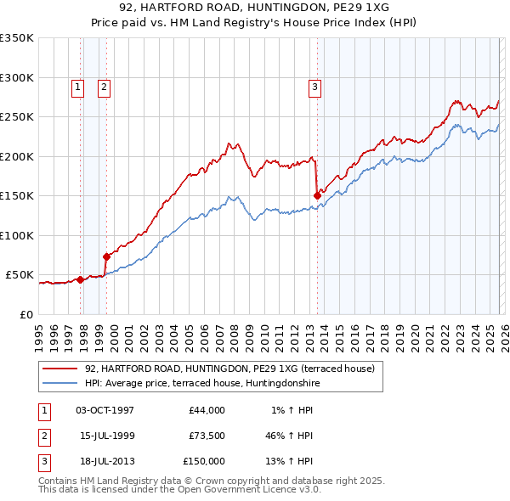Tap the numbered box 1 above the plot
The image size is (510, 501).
click(78, 86)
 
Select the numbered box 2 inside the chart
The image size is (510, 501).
click(104, 86)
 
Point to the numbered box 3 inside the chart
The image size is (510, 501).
click(314, 86)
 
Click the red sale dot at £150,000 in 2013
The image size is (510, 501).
click(317, 195)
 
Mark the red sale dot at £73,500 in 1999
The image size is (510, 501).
click(106, 256)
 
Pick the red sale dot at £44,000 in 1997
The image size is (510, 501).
click(80, 279)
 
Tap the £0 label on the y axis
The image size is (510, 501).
click(25, 314)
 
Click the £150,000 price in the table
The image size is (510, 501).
click(204, 461)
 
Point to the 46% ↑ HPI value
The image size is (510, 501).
click(289, 436)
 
